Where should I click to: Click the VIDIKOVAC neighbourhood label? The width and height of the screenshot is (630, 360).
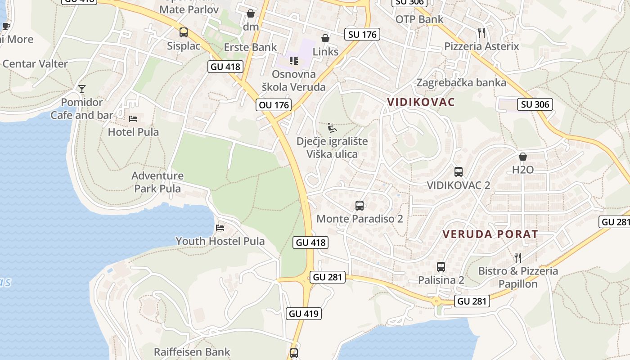[x=421, y=102]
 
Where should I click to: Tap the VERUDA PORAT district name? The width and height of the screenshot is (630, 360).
[x=490, y=234]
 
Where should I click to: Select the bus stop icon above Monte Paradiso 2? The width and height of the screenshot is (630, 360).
[x=359, y=206]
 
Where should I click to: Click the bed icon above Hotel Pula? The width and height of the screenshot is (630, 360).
[x=133, y=119]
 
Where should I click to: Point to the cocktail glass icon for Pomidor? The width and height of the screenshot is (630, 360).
[x=81, y=89]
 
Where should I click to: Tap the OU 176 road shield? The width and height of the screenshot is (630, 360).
[x=274, y=105]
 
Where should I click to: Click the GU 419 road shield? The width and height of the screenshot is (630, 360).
[x=304, y=314]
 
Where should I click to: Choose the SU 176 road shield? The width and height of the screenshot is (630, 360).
[x=362, y=34]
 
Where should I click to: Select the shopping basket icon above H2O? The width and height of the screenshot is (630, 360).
[x=522, y=157]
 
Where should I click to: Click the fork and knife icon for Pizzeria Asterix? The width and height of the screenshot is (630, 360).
[x=481, y=32]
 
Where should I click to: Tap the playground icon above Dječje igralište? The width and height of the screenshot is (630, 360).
[x=332, y=128]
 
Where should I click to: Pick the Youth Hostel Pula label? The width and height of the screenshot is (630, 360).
[x=220, y=241]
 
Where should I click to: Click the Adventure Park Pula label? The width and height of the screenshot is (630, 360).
[x=157, y=182]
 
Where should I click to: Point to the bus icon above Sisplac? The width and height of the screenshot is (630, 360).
[x=183, y=32]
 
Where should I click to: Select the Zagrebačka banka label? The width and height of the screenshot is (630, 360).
[x=461, y=83]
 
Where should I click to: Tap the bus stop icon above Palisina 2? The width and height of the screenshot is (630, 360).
[x=441, y=266]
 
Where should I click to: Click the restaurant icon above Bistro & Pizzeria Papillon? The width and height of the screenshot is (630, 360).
[x=518, y=257]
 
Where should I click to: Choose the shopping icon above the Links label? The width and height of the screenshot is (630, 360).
[x=325, y=38]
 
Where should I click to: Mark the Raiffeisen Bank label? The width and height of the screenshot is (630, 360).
[x=192, y=352]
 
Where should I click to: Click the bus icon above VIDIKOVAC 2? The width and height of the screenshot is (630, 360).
[x=458, y=171]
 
